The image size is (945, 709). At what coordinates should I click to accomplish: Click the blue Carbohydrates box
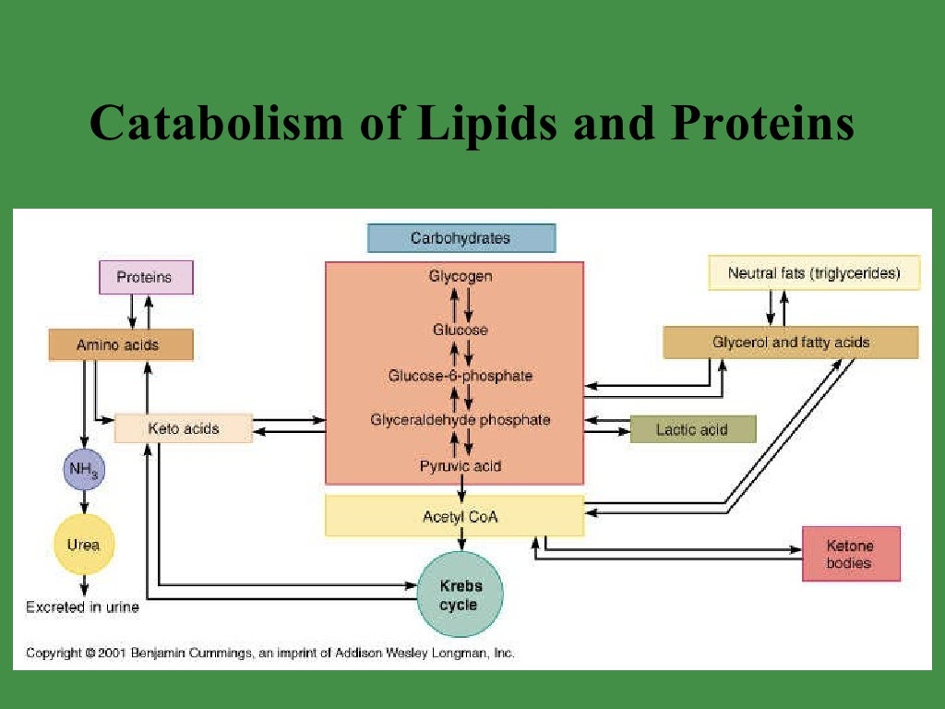461,238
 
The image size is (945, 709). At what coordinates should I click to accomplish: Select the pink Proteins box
146,278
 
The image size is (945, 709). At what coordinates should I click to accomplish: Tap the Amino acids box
120,344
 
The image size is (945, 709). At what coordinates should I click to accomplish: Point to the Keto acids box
183,428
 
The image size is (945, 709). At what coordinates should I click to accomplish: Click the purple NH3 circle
84,470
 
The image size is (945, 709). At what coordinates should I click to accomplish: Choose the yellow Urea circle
84,545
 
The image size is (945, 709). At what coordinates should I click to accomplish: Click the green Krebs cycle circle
460,595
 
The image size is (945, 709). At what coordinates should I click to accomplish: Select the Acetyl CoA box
454,516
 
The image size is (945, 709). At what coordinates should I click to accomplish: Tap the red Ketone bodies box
850,554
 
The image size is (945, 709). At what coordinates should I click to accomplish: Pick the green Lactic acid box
692,429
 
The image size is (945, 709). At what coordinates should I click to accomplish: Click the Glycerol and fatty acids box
790,342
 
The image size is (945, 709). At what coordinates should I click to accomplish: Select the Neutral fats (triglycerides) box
813,273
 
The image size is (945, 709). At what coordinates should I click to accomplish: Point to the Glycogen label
461,276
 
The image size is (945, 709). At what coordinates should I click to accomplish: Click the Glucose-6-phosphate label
461,376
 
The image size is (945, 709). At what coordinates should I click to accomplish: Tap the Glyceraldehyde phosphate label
461,420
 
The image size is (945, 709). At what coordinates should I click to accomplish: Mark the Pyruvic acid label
461,466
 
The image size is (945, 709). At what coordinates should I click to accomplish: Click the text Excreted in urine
82,607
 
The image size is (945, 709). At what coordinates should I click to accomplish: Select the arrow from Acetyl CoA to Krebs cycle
461,543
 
